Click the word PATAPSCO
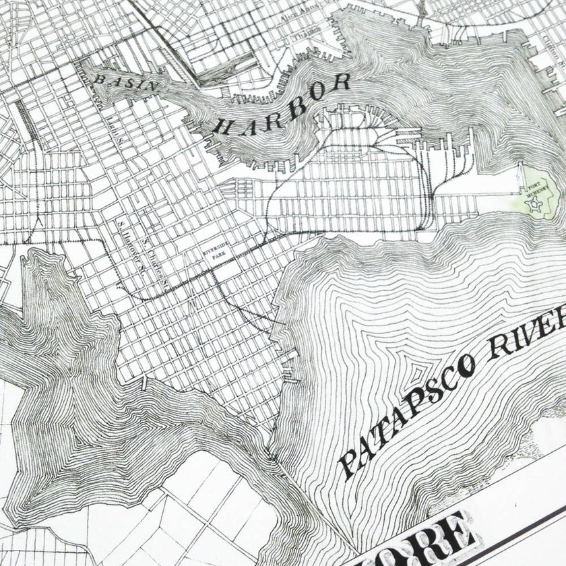click(404, 418)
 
